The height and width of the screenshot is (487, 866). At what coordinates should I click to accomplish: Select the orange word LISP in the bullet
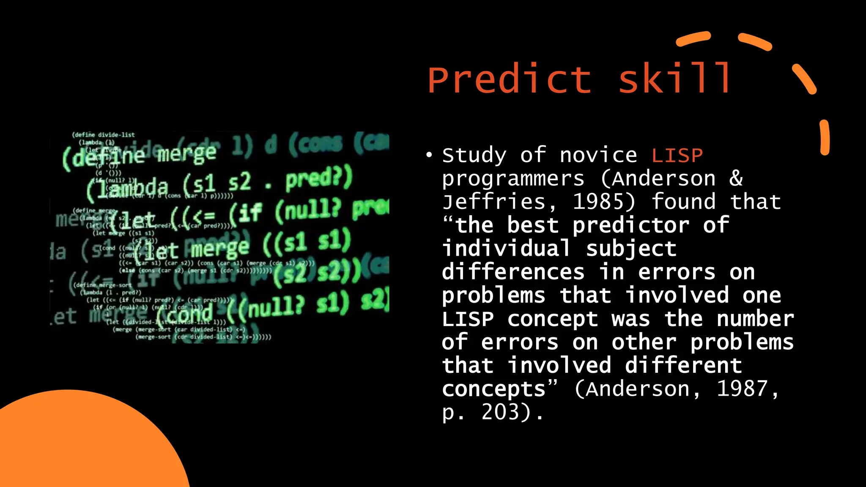pos(677,156)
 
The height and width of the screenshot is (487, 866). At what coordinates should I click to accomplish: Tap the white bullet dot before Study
pos(429,155)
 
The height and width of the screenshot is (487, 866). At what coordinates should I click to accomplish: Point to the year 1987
pos(742,389)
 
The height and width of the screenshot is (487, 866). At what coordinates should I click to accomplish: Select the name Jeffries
pos(494,202)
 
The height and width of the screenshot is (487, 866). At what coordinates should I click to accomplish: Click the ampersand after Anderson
pos(736,178)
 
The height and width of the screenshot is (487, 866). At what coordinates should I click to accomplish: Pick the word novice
pos(598,155)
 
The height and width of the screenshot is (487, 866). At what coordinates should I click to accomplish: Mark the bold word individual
pos(506,248)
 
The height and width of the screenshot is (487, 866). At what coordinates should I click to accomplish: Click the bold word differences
pos(513,272)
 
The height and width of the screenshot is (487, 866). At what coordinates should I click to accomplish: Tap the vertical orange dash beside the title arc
pos(825,138)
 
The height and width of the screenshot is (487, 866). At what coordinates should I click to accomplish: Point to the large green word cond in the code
pos(186,314)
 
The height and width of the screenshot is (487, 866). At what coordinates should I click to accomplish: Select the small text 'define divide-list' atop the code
pos(104,135)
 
